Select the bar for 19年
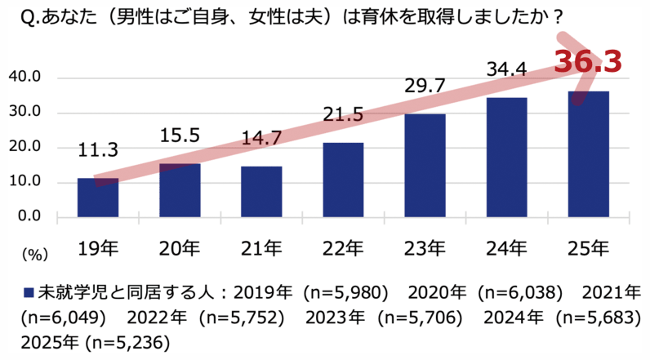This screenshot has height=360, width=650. click(x=98, y=197)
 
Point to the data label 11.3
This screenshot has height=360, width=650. click(x=99, y=150)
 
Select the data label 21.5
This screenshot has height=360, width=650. click(x=344, y=116)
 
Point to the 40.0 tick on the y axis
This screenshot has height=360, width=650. click(x=25, y=78)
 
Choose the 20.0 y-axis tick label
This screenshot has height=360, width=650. click(x=25, y=147)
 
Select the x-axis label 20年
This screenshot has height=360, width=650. click(x=180, y=247)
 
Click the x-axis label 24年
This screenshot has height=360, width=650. click(x=507, y=247)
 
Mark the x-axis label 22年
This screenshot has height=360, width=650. click(x=344, y=247)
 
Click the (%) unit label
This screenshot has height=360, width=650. click(x=32, y=254)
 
